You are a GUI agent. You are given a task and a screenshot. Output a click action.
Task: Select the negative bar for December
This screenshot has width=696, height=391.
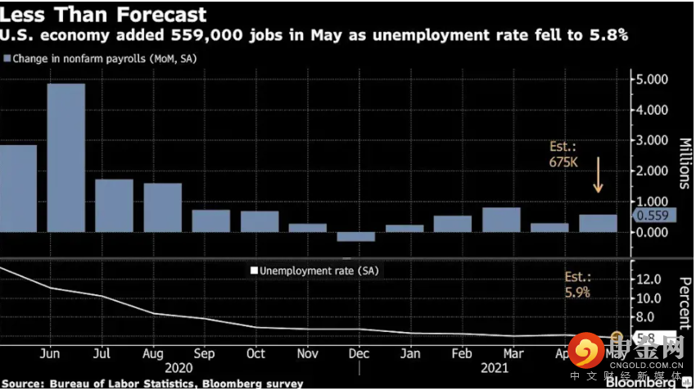click(x=355, y=237)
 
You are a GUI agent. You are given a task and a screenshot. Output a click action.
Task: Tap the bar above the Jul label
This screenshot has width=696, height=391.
click(x=115, y=205)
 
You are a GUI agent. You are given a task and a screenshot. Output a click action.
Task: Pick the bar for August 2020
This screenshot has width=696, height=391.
click(x=162, y=207)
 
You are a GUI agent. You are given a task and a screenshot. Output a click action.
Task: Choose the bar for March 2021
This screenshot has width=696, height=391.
click(x=501, y=220)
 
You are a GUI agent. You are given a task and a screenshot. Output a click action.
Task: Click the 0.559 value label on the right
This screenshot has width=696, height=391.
click(x=651, y=216)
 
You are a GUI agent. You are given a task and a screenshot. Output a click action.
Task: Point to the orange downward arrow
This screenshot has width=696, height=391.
click(x=598, y=176)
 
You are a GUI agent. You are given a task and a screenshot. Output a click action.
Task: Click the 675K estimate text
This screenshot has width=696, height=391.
click(x=565, y=163)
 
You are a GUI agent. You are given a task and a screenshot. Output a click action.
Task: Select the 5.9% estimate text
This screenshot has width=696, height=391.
click(x=577, y=292)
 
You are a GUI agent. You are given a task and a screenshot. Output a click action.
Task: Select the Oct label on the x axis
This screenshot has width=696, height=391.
click(x=255, y=353)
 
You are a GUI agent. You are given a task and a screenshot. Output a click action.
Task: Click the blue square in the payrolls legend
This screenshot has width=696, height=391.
click(x=7, y=59)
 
